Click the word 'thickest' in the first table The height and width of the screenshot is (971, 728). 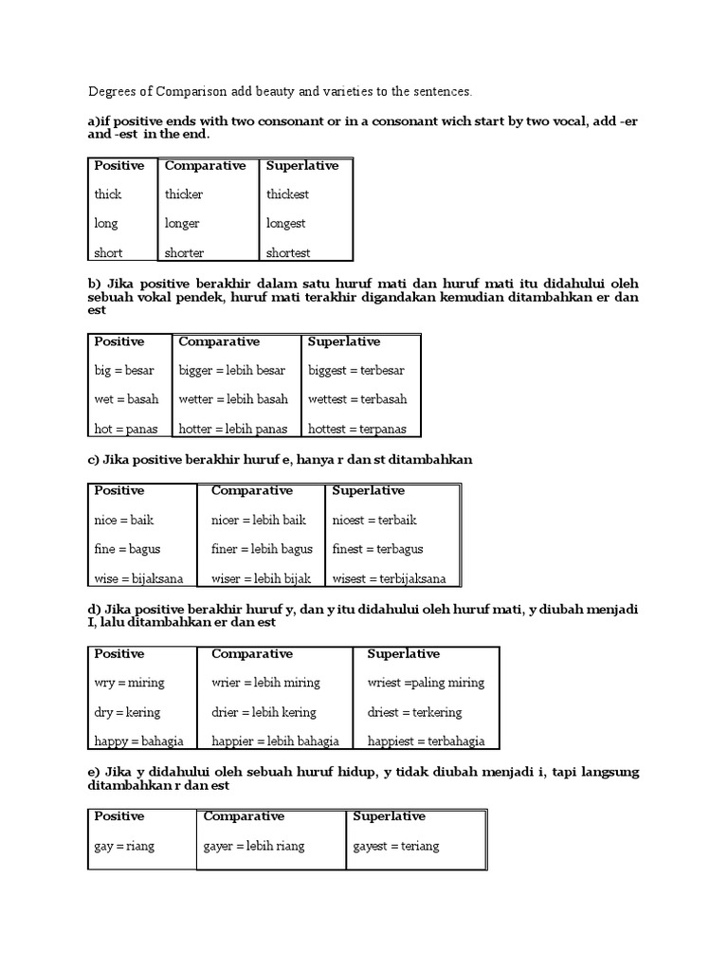click(288, 194)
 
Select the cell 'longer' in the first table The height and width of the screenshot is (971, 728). click(182, 224)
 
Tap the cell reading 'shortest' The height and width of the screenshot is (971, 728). click(288, 253)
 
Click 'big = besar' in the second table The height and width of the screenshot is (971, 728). click(124, 370)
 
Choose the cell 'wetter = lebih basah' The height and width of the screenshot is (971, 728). click(233, 399)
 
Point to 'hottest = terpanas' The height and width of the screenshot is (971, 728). click(357, 429)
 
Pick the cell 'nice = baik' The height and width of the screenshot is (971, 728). click(124, 520)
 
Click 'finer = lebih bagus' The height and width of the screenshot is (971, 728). click(262, 549)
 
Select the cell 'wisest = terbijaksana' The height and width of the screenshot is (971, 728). click(390, 578)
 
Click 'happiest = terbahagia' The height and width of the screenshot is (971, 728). click(426, 742)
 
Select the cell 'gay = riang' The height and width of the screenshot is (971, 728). click(124, 846)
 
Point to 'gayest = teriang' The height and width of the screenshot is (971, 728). click(396, 846)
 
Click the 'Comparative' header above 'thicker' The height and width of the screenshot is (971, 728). click(205, 166)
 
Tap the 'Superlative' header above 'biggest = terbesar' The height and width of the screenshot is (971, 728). click(344, 341)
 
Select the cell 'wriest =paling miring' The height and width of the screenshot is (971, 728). click(426, 683)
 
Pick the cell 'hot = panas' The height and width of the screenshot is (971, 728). click(126, 429)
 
